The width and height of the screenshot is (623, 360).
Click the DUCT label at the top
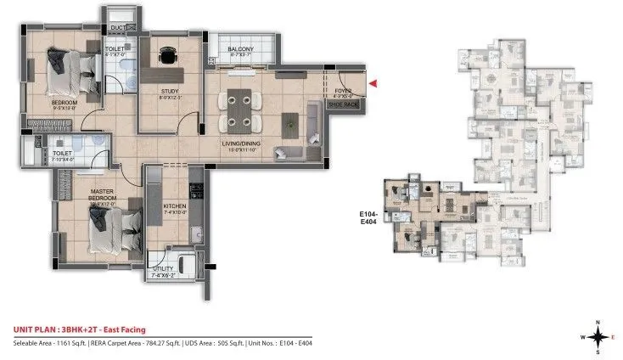118,28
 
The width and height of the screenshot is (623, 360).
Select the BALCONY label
241,49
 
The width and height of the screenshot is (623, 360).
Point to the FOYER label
343,91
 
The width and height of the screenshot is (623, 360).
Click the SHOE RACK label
343,104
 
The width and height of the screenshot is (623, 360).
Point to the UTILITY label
166,270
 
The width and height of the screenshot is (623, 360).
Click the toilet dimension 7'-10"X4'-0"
64,158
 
